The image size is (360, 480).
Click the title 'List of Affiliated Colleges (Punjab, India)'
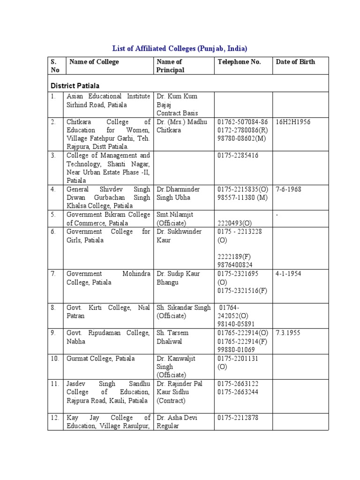coord(180,48)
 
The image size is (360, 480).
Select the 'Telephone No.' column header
coord(239,62)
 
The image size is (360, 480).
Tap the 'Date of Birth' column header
coord(295,62)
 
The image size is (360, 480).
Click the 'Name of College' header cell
coord(94,62)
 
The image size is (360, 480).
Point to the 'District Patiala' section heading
coord(75,86)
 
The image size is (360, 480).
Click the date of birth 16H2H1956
coord(293,122)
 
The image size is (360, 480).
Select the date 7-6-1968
coord(289,189)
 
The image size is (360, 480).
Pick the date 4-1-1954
coord(289,274)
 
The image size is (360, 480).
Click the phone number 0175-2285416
coord(238,156)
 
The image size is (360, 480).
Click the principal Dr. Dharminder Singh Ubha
coord(178,194)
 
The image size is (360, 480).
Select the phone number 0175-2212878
coord(238,418)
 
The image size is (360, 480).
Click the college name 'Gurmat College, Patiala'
coord(101,359)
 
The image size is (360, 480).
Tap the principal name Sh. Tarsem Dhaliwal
coord(176,337)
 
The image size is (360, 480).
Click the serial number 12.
coord(55,418)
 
